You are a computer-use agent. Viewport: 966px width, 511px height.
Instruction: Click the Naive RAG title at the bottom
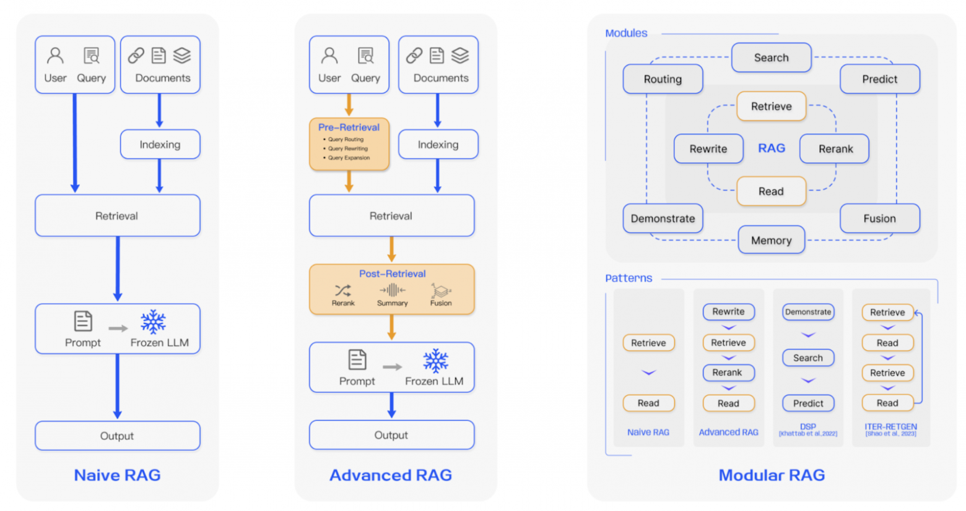tap(117, 475)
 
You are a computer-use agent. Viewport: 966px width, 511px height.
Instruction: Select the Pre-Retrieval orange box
tap(349, 144)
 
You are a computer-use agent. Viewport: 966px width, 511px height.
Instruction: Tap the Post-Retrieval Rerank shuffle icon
tap(342, 290)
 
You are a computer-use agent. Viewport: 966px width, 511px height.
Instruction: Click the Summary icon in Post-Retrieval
tap(392, 290)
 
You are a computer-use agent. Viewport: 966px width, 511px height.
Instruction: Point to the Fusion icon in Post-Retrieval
tap(441, 290)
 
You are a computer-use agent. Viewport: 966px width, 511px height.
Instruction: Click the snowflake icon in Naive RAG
tap(153, 322)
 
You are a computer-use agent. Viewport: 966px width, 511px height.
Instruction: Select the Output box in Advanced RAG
tap(391, 435)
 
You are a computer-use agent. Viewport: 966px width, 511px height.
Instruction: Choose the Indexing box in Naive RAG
tap(160, 144)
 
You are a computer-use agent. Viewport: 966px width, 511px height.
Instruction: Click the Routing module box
tap(663, 79)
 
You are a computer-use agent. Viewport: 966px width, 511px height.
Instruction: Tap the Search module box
tap(771, 58)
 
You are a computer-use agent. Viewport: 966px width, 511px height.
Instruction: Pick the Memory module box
tap(771, 240)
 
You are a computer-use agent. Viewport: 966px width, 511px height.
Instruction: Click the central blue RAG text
tap(772, 148)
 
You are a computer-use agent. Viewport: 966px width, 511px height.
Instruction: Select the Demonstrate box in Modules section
tap(663, 218)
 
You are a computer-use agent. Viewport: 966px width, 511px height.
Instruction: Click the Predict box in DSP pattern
tap(808, 403)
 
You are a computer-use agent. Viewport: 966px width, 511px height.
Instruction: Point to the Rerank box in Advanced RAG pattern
tap(728, 372)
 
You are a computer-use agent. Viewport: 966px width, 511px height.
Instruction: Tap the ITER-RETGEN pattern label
tap(890, 427)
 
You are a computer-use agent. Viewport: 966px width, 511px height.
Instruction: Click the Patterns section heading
tap(629, 278)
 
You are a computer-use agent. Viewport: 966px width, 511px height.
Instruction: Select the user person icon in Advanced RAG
tap(329, 56)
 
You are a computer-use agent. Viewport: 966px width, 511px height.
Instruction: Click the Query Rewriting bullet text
tap(348, 148)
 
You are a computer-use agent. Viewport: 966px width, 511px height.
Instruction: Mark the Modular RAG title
tap(771, 475)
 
